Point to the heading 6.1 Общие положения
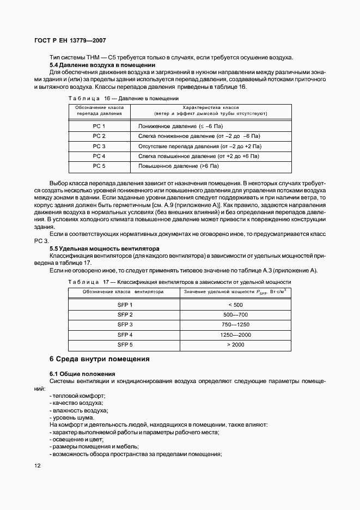82,374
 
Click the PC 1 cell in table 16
99,126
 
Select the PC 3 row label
99,146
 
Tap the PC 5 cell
99,166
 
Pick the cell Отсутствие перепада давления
200,146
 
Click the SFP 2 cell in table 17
125,315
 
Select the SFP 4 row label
125,335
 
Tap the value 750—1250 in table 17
235,325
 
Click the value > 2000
235,344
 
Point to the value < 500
235,305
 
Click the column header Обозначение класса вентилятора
123,292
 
